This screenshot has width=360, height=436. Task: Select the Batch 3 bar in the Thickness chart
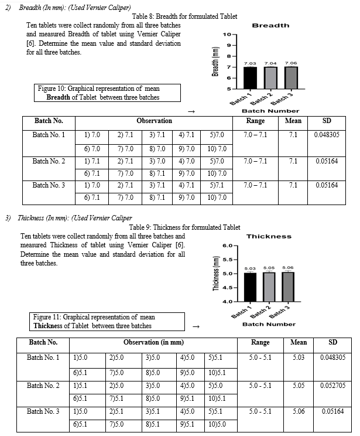coord(289,287)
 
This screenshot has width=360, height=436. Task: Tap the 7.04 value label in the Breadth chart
coord(270,63)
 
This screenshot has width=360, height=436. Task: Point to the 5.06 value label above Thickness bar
coord(289,268)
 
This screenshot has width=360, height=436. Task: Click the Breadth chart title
coord(270,26)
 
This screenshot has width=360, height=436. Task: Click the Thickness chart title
coord(269,236)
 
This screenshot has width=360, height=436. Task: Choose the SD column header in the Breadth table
coord(327,121)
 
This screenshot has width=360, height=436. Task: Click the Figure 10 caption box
coord(107,93)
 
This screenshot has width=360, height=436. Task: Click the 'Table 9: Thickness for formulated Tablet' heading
coord(184,227)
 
